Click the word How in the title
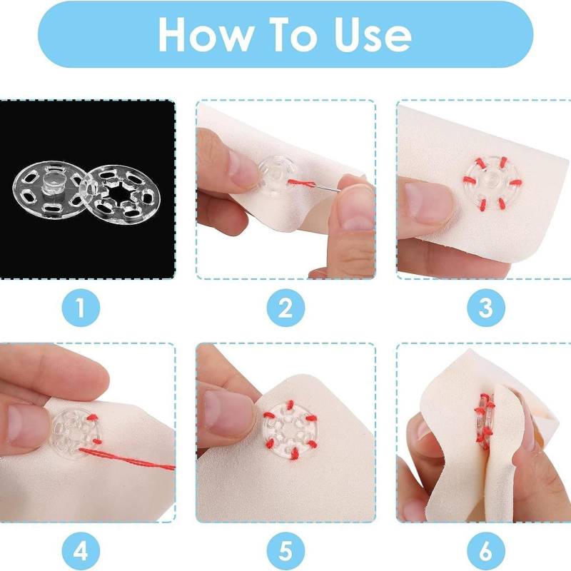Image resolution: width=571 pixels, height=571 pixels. (x=206, y=35)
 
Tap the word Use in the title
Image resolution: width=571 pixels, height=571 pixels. (x=373, y=35)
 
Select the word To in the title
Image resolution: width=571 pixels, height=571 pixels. (x=293, y=35)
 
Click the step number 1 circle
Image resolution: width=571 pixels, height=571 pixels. (x=81, y=308)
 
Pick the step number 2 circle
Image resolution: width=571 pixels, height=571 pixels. (x=285, y=308)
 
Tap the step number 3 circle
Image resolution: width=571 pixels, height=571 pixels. (x=486, y=308)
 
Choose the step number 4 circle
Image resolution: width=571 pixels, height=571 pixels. (x=81, y=551)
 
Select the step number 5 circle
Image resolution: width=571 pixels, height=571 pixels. (x=285, y=551)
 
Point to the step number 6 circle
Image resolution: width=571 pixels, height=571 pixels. (x=486, y=551)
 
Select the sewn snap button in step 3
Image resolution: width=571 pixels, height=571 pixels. (x=492, y=183)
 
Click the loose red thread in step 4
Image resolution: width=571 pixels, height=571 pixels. (x=127, y=459)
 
